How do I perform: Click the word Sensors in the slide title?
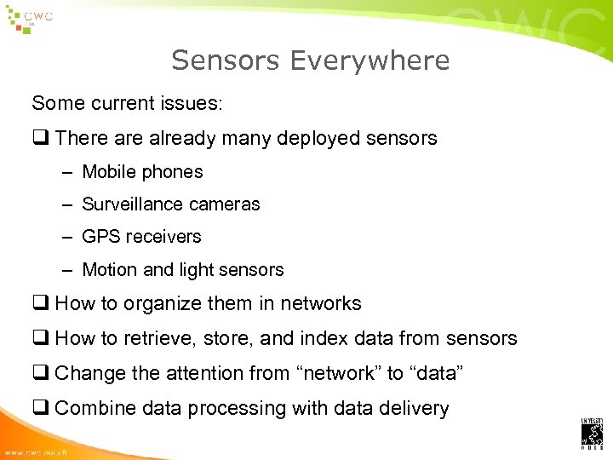(x=226, y=60)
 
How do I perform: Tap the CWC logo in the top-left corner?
(x=30, y=19)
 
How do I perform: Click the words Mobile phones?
(x=142, y=172)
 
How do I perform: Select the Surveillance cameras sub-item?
(x=170, y=204)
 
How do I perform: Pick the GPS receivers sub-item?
(x=141, y=237)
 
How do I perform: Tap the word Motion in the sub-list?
(x=109, y=270)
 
